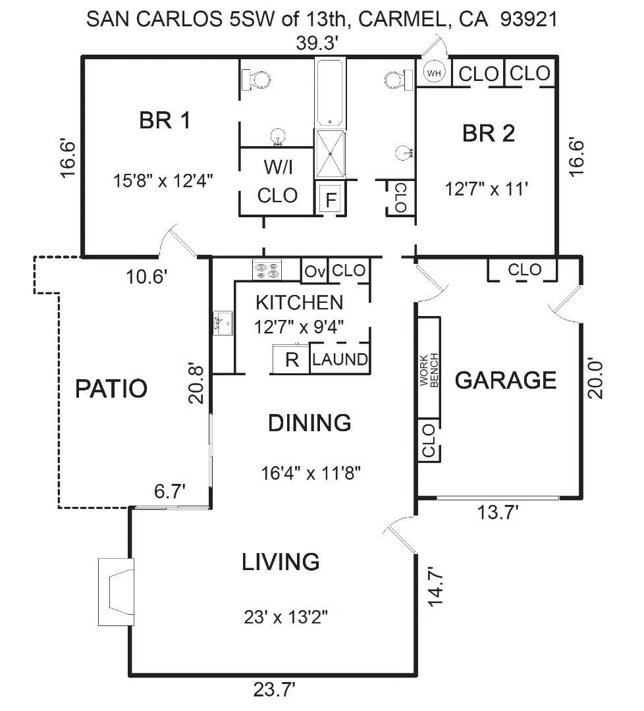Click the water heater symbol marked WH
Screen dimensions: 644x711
[434, 72]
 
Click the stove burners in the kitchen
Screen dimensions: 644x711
[267, 270]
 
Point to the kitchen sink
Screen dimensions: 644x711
[223, 323]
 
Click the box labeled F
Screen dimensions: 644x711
[331, 199]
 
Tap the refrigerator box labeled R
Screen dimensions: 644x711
[291, 359]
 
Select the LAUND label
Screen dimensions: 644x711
[340, 359]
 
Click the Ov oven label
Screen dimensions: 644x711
[314, 272]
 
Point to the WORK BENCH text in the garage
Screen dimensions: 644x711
[429, 370]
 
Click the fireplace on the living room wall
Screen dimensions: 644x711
[117, 592]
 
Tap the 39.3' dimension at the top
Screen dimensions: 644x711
[317, 43]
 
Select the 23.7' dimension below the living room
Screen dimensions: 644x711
[274, 690]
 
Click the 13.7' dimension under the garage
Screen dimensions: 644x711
[498, 512]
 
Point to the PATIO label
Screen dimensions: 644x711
[111, 388]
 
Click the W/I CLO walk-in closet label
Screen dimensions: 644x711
[278, 182]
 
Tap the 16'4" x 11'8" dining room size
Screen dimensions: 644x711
[311, 473]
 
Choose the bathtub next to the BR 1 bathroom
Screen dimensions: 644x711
[330, 94]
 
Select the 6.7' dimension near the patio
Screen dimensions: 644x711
[170, 491]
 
